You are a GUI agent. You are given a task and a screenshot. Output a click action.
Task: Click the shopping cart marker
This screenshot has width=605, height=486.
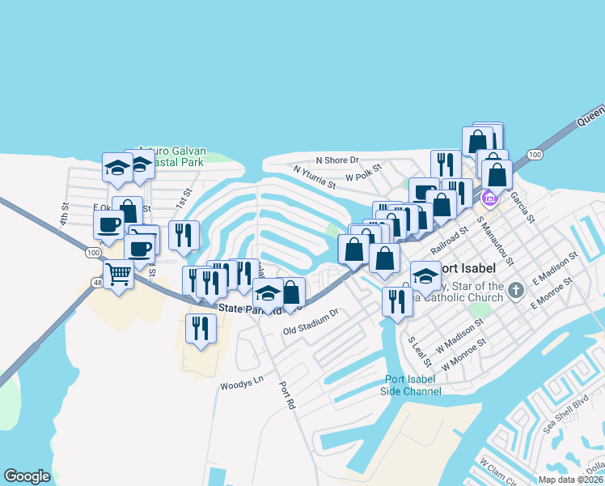pos(119,276)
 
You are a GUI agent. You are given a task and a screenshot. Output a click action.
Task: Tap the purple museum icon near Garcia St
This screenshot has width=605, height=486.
pos(489,198)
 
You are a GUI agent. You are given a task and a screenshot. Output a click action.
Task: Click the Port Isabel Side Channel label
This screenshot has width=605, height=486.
pos(412,386)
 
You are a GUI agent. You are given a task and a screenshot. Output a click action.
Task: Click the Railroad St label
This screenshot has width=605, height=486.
pos(449,241)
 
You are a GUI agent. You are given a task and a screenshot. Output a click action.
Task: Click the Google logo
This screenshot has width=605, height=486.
pos(27,476)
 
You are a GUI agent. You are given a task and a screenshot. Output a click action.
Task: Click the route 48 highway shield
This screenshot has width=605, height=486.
pos(97,283)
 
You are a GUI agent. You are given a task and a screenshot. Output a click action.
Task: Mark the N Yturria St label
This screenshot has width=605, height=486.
pos(314,177)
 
